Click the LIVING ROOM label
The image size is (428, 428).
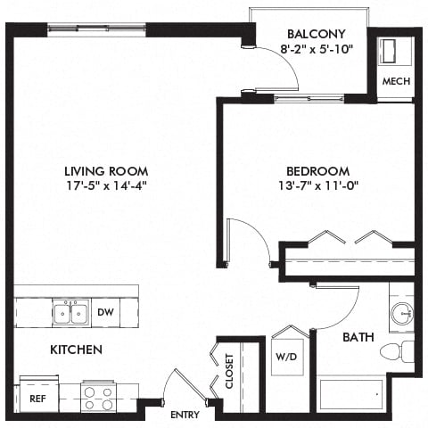(x=105, y=171)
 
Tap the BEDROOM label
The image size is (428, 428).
(x=317, y=171)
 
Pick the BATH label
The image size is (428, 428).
(x=358, y=338)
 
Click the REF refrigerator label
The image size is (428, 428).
(x=37, y=399)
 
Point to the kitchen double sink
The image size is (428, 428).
(x=70, y=313)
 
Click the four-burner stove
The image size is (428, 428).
(x=96, y=396)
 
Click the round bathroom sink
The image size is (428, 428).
(x=401, y=314)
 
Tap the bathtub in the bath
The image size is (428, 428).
(x=351, y=393)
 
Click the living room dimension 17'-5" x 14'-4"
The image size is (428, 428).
(x=105, y=187)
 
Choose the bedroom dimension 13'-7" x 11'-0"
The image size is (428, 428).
(x=317, y=187)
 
